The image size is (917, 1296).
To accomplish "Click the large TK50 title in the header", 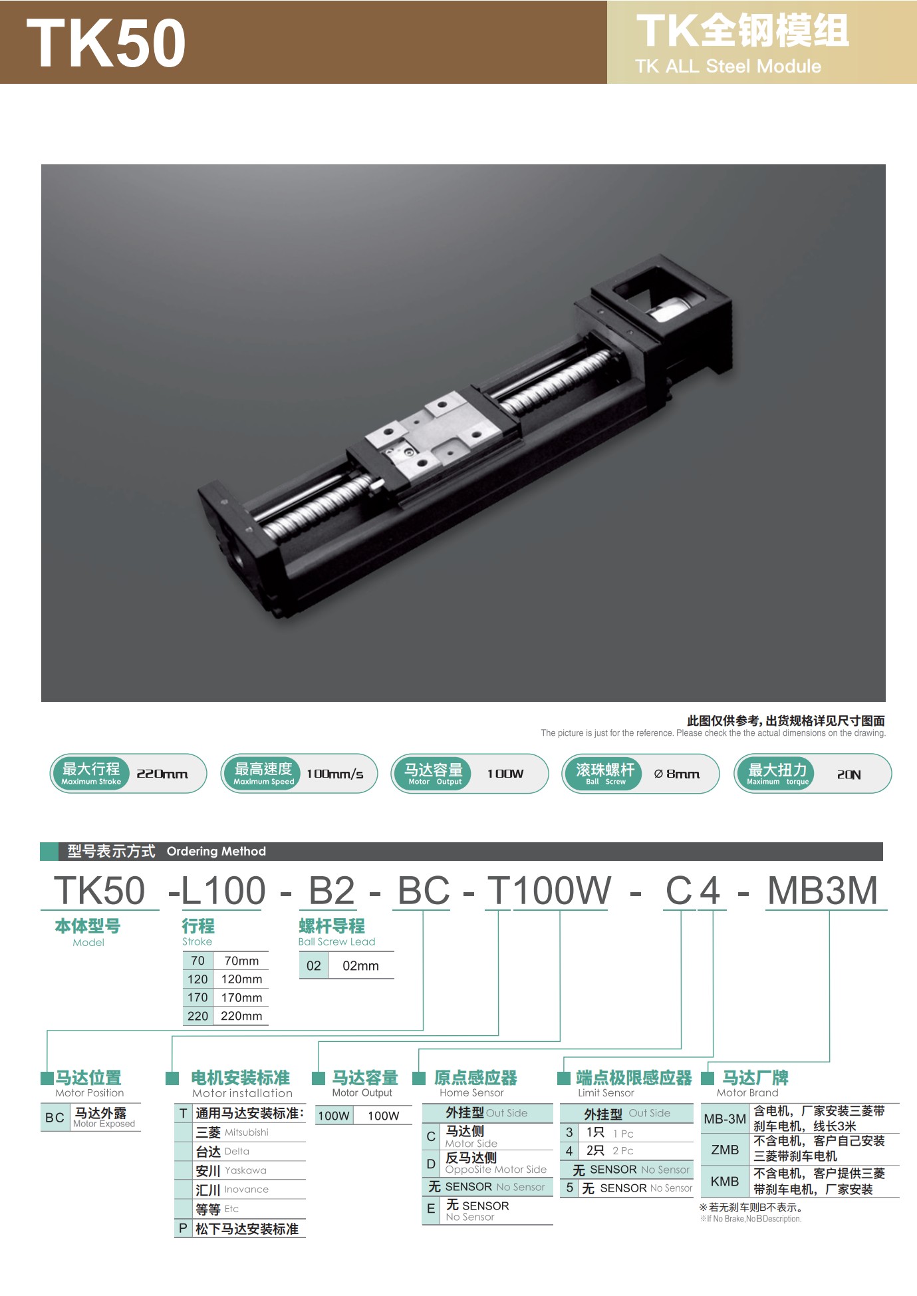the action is (106, 42).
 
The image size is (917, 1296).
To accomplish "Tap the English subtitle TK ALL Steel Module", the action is (728, 66).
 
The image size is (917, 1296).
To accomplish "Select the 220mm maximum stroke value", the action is (162, 774).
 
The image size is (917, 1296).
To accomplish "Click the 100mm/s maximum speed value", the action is (334, 774).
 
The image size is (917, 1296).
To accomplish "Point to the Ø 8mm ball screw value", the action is (676, 774).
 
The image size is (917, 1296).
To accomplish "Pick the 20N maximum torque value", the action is (849, 774).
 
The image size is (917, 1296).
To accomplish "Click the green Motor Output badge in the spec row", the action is (435, 774).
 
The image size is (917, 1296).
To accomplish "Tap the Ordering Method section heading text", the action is (216, 851).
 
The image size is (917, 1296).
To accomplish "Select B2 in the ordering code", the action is (332, 890).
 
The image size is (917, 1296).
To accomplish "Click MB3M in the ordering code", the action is (823, 890).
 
